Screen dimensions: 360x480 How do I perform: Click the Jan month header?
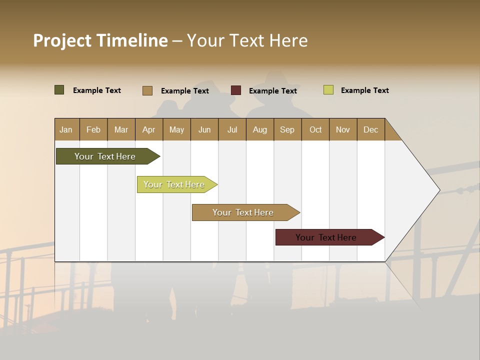pos(66,129)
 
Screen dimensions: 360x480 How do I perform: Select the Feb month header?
pos(93,129)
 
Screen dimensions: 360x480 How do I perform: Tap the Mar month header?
pos(121,129)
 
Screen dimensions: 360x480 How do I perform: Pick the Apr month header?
pos(149,129)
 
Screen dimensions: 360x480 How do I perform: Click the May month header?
pos(176,129)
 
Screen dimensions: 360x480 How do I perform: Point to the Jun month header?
pos(204,129)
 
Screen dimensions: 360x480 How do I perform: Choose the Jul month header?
pos(232,129)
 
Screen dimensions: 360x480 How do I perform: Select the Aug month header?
pos(260,129)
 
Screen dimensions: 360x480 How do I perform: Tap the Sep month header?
pos(287,129)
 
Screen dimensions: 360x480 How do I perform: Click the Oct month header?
pos(315,129)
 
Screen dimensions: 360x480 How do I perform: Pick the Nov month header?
pos(343,129)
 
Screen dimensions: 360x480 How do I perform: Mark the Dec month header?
pos(371,129)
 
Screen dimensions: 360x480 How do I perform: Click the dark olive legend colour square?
pos(59,90)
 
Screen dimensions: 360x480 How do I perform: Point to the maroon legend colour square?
pos(236,90)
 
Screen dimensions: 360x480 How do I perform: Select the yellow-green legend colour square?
pos(328,90)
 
